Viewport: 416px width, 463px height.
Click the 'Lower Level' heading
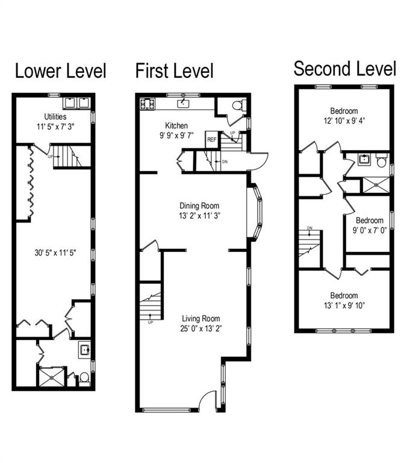point(60,71)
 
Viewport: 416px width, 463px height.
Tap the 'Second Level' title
point(344,69)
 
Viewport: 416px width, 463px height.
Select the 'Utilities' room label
point(55,116)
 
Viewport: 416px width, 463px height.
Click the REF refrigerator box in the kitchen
point(212,139)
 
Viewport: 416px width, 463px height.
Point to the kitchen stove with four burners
point(147,104)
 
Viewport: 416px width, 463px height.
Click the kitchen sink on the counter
point(183,103)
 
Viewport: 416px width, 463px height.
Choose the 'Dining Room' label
point(199,206)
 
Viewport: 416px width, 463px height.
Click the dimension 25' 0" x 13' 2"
point(201,329)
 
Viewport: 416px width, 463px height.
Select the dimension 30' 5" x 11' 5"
point(55,253)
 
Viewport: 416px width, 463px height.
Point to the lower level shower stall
point(52,377)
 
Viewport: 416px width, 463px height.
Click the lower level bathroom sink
point(85,350)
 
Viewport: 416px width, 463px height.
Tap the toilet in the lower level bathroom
point(84,379)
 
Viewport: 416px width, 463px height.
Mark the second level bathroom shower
point(376,185)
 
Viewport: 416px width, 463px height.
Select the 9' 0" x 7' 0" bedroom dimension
point(370,230)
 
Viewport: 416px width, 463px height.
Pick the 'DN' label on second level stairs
point(309,228)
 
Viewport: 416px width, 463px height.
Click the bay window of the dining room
point(255,211)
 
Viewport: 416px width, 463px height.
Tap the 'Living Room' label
point(201,318)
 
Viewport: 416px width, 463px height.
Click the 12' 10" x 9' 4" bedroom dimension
point(344,121)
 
